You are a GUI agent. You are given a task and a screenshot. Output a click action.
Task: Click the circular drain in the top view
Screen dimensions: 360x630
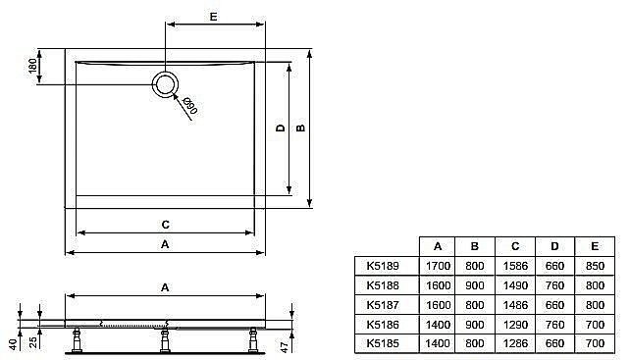click(166, 84)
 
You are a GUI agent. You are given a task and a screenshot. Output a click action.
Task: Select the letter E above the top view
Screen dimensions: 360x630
click(213, 15)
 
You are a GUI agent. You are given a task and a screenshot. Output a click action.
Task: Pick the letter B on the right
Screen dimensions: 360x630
click(301, 128)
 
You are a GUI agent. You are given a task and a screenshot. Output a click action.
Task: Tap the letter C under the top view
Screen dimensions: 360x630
click(166, 223)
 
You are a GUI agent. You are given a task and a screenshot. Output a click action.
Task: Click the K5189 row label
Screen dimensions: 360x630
click(383, 266)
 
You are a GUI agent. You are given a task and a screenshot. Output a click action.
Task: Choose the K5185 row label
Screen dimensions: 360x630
click(383, 344)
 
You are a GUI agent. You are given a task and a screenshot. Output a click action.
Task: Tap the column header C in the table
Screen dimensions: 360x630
click(514, 246)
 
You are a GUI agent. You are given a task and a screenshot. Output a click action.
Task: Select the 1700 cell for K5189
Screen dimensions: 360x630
click(438, 266)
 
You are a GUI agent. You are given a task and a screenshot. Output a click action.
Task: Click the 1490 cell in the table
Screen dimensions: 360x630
click(514, 285)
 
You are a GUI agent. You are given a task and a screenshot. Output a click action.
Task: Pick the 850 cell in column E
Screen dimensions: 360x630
click(593, 266)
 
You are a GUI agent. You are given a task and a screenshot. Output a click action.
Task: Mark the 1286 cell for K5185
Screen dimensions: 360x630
click(514, 344)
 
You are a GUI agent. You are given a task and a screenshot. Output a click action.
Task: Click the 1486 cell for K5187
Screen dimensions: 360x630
click(514, 305)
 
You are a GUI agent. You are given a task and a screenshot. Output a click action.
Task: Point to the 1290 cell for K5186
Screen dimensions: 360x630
click(514, 325)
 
